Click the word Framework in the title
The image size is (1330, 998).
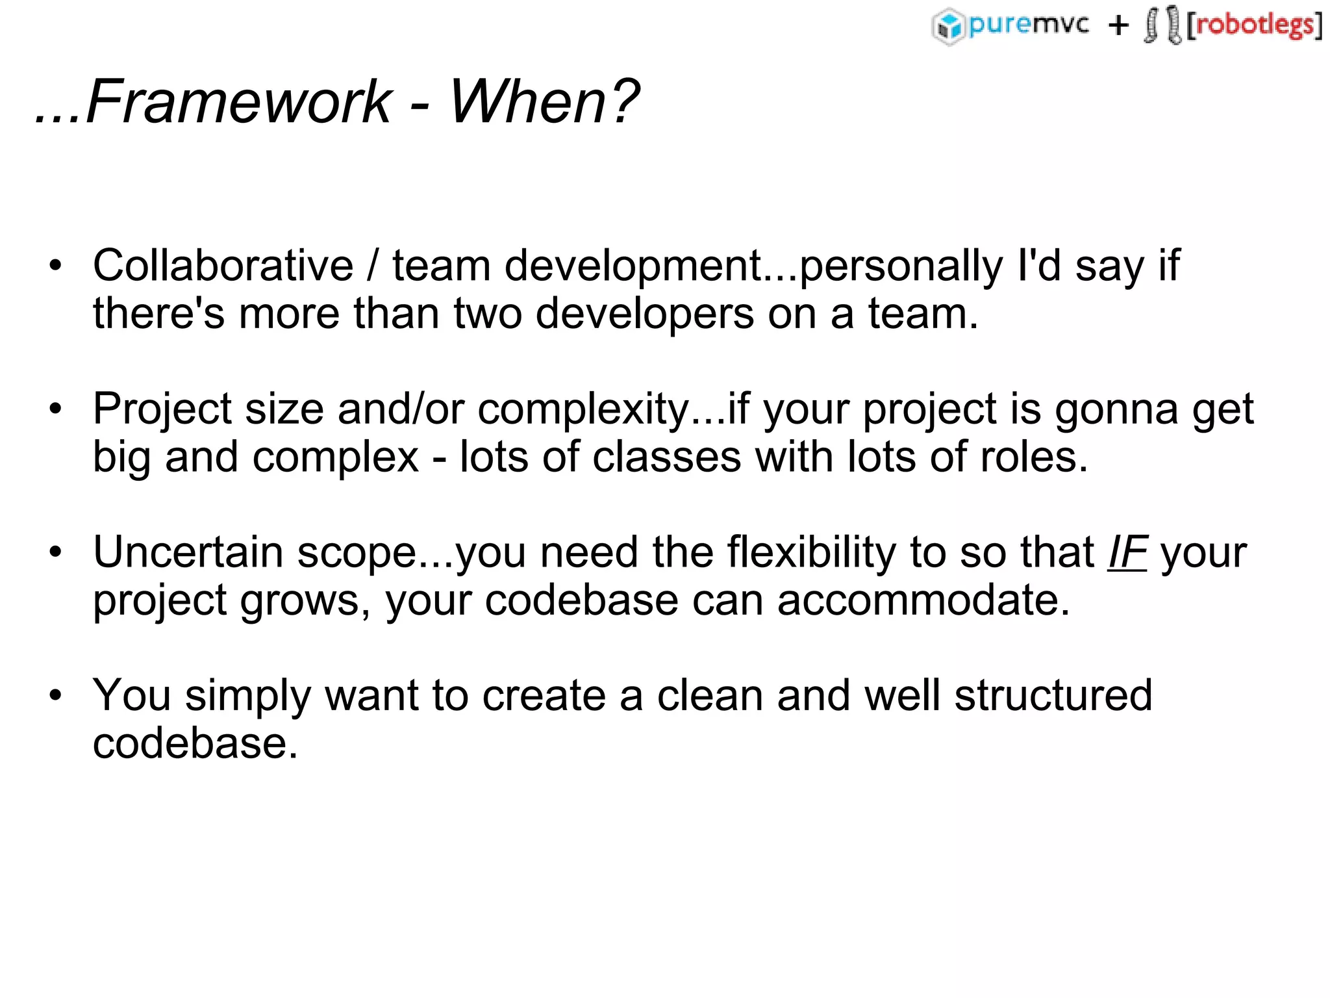[x=238, y=101]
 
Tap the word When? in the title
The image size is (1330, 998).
[x=544, y=101]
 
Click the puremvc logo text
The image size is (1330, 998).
[x=1028, y=25]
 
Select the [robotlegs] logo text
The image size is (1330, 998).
[x=1254, y=25]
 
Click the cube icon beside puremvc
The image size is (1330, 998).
[x=948, y=27]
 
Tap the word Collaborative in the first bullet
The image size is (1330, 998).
[x=223, y=266]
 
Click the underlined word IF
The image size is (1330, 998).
[x=1127, y=552]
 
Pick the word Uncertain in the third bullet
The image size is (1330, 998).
[x=188, y=552]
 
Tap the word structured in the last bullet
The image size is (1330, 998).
[x=1053, y=695]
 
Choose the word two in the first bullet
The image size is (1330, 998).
[x=488, y=314]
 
